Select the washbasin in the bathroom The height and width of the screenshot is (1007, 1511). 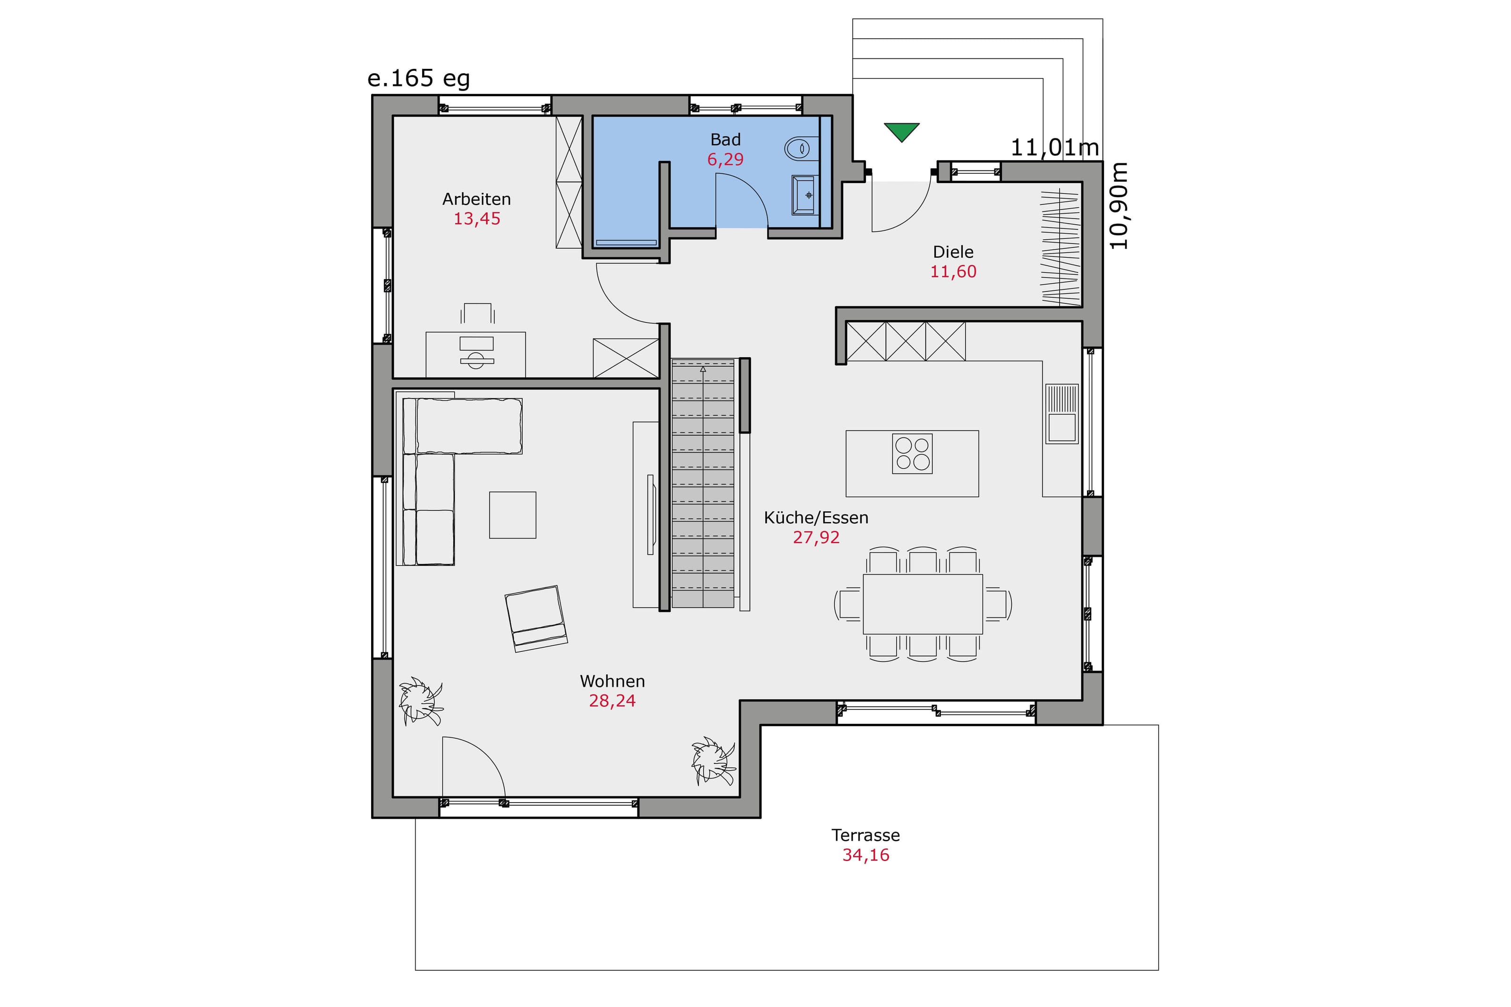pyautogui.click(x=805, y=195)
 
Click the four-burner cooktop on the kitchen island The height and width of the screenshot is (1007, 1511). pyautogui.click(x=912, y=454)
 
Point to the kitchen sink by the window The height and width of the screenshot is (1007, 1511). pyautogui.click(x=1061, y=414)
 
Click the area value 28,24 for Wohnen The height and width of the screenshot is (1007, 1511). pyautogui.click(x=612, y=701)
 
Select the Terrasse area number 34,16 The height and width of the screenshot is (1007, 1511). pyautogui.click(x=866, y=855)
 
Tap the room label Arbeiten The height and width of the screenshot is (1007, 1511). pyautogui.click(x=476, y=199)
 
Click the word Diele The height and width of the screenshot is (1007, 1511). pyautogui.click(x=953, y=252)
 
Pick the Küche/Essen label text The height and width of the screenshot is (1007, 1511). pyautogui.click(x=815, y=517)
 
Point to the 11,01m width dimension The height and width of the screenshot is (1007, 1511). pyautogui.click(x=1054, y=148)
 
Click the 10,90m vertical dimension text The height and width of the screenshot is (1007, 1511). pyautogui.click(x=1118, y=205)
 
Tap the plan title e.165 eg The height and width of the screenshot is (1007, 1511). pyautogui.click(x=419, y=78)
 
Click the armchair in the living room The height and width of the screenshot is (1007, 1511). pyautogui.click(x=535, y=618)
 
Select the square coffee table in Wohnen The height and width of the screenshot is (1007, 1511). pyautogui.click(x=512, y=515)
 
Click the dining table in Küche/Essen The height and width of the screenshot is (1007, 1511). pyautogui.click(x=922, y=604)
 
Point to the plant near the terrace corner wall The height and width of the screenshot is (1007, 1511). pyautogui.click(x=713, y=761)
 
